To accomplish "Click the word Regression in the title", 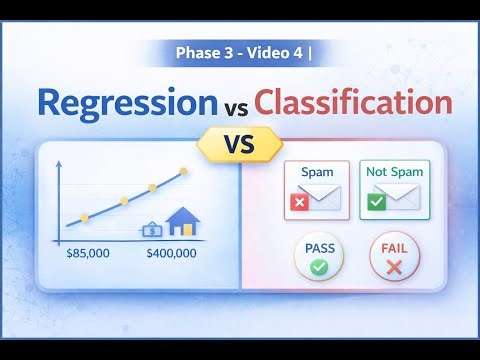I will tap(121, 104).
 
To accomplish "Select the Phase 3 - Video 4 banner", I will tap(240, 53).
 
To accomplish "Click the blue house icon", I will tap(181, 222).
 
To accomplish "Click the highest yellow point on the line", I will tap(183, 171).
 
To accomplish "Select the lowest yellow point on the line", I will tap(86, 217).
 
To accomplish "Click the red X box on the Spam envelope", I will tap(298, 203).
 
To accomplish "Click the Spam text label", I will tap(317, 172).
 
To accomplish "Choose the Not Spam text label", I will tap(395, 172).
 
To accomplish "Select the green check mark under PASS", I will tap(320, 267).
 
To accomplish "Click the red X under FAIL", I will tap(394, 267).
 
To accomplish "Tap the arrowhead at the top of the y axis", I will tap(60, 166).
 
